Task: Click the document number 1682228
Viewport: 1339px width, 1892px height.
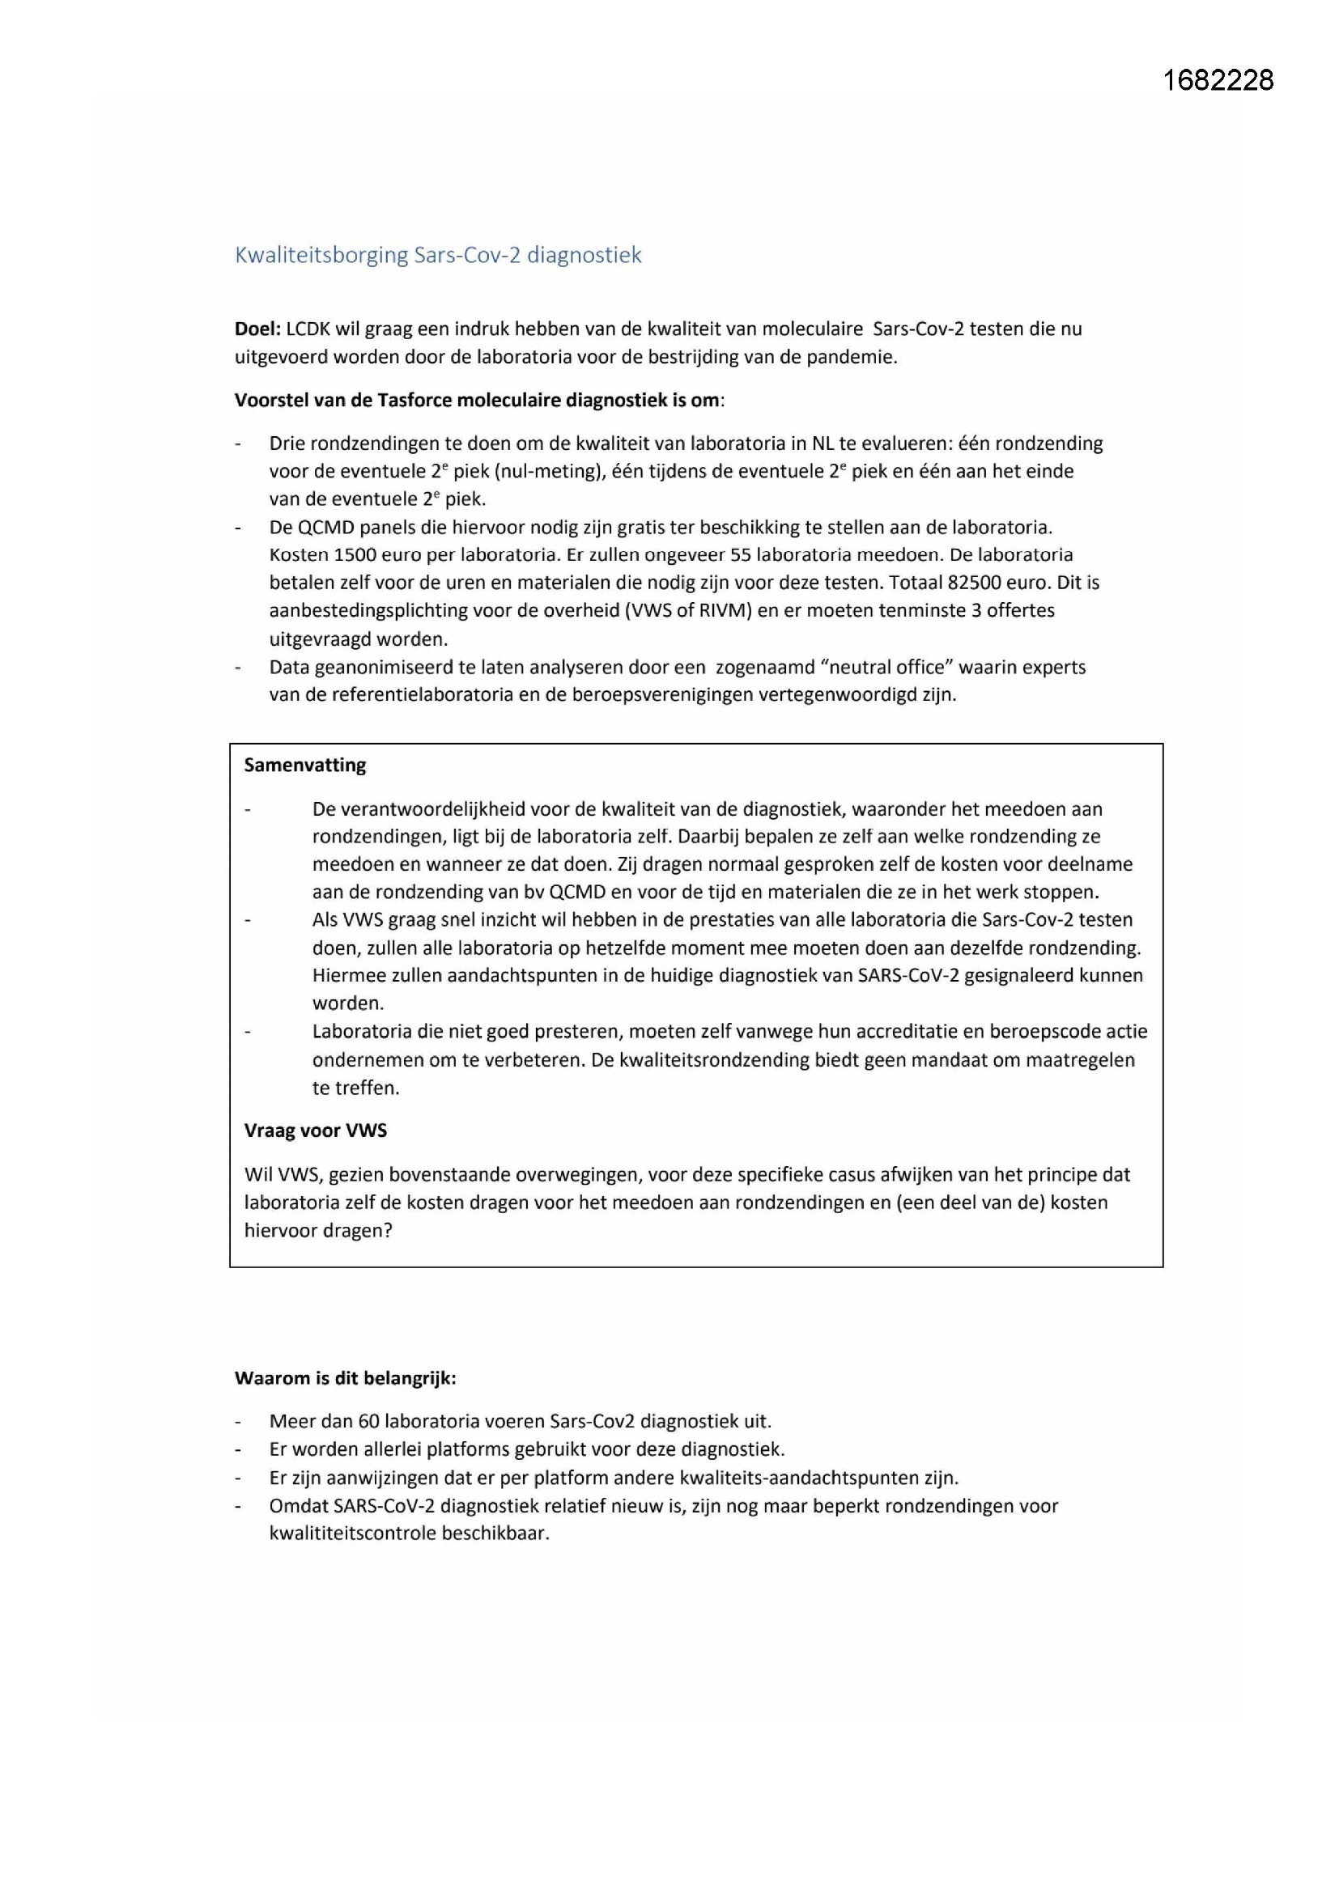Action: (1218, 80)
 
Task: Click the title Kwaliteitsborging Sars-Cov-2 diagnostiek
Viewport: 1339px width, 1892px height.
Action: (438, 255)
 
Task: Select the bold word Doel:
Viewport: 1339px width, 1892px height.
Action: (257, 329)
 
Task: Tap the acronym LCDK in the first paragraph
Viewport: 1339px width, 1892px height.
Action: (308, 329)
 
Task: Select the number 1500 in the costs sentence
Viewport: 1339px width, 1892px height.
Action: (357, 554)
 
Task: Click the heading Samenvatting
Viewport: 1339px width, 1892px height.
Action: (304, 765)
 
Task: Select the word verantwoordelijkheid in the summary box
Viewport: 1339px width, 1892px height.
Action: (433, 809)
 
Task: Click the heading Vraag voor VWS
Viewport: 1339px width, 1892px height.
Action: (315, 1131)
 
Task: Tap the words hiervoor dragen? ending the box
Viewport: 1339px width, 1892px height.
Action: (317, 1230)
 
